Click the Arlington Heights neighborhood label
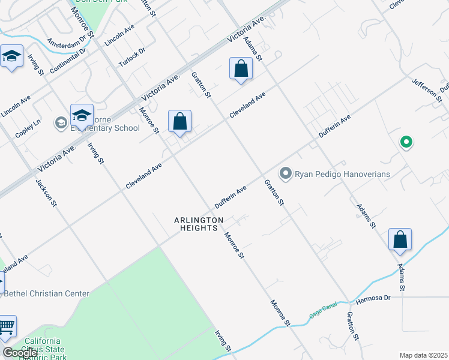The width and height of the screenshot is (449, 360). pos(196,224)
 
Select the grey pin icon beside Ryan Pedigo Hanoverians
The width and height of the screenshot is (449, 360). pos(286,174)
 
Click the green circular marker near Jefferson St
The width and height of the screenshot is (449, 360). pos(406,142)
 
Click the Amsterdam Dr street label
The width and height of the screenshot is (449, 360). pos(67,42)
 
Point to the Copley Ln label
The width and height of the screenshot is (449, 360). pos(28,129)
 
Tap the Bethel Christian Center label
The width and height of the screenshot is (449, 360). pos(47,293)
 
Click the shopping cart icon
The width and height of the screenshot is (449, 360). pos(6,327)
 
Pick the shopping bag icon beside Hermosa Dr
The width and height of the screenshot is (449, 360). pos(400,239)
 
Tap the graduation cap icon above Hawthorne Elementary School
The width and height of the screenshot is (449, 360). pos(82,115)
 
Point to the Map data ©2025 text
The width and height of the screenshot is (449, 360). pos(423,355)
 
